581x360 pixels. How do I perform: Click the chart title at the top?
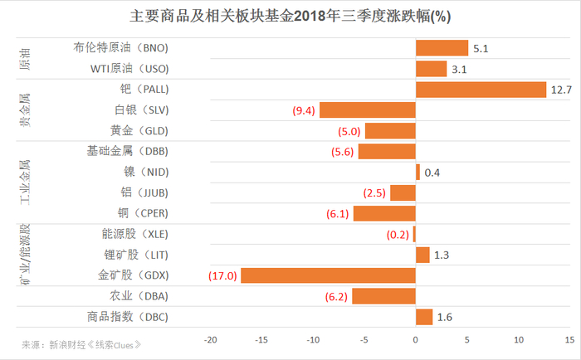(x=290, y=16)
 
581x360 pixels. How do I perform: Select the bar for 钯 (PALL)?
(x=481, y=90)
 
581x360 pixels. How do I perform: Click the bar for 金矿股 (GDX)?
(x=328, y=275)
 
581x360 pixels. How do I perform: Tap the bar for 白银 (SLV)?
(x=367, y=110)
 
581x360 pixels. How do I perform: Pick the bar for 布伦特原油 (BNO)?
(x=442, y=48)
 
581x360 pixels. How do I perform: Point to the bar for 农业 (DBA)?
(x=383, y=296)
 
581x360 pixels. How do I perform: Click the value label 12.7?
(x=562, y=90)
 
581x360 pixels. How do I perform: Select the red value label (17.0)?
(x=220, y=275)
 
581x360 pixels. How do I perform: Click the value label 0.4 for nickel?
(x=432, y=173)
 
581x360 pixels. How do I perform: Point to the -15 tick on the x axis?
(x=261, y=339)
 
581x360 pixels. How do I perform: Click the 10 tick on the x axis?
(x=518, y=339)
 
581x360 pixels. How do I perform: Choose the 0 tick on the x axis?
(x=415, y=339)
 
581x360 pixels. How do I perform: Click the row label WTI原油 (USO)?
(x=129, y=69)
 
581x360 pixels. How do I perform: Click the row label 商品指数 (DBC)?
(x=127, y=317)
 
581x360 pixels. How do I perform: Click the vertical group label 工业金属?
(x=26, y=182)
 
